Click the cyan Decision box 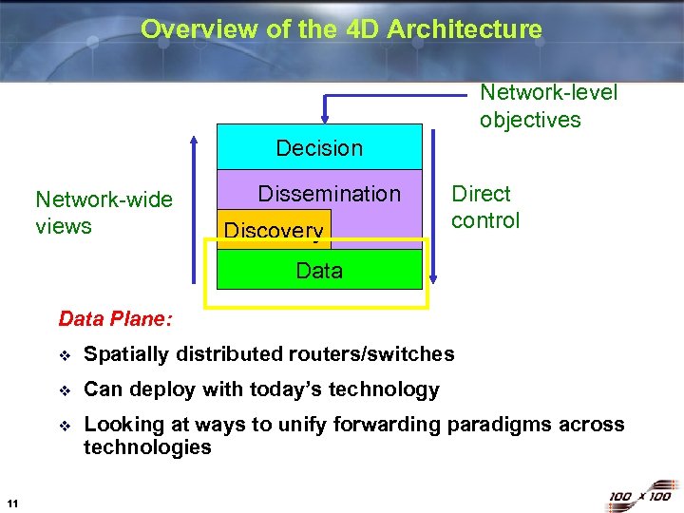[x=319, y=147]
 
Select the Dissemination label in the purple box [x=329, y=194]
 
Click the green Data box [x=319, y=271]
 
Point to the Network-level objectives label [x=548, y=105]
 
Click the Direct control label [x=485, y=207]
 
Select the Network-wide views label [x=104, y=213]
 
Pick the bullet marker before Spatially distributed [x=64, y=355]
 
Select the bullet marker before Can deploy [x=64, y=390]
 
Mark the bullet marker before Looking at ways [x=64, y=426]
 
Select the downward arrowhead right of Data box [x=434, y=277]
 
